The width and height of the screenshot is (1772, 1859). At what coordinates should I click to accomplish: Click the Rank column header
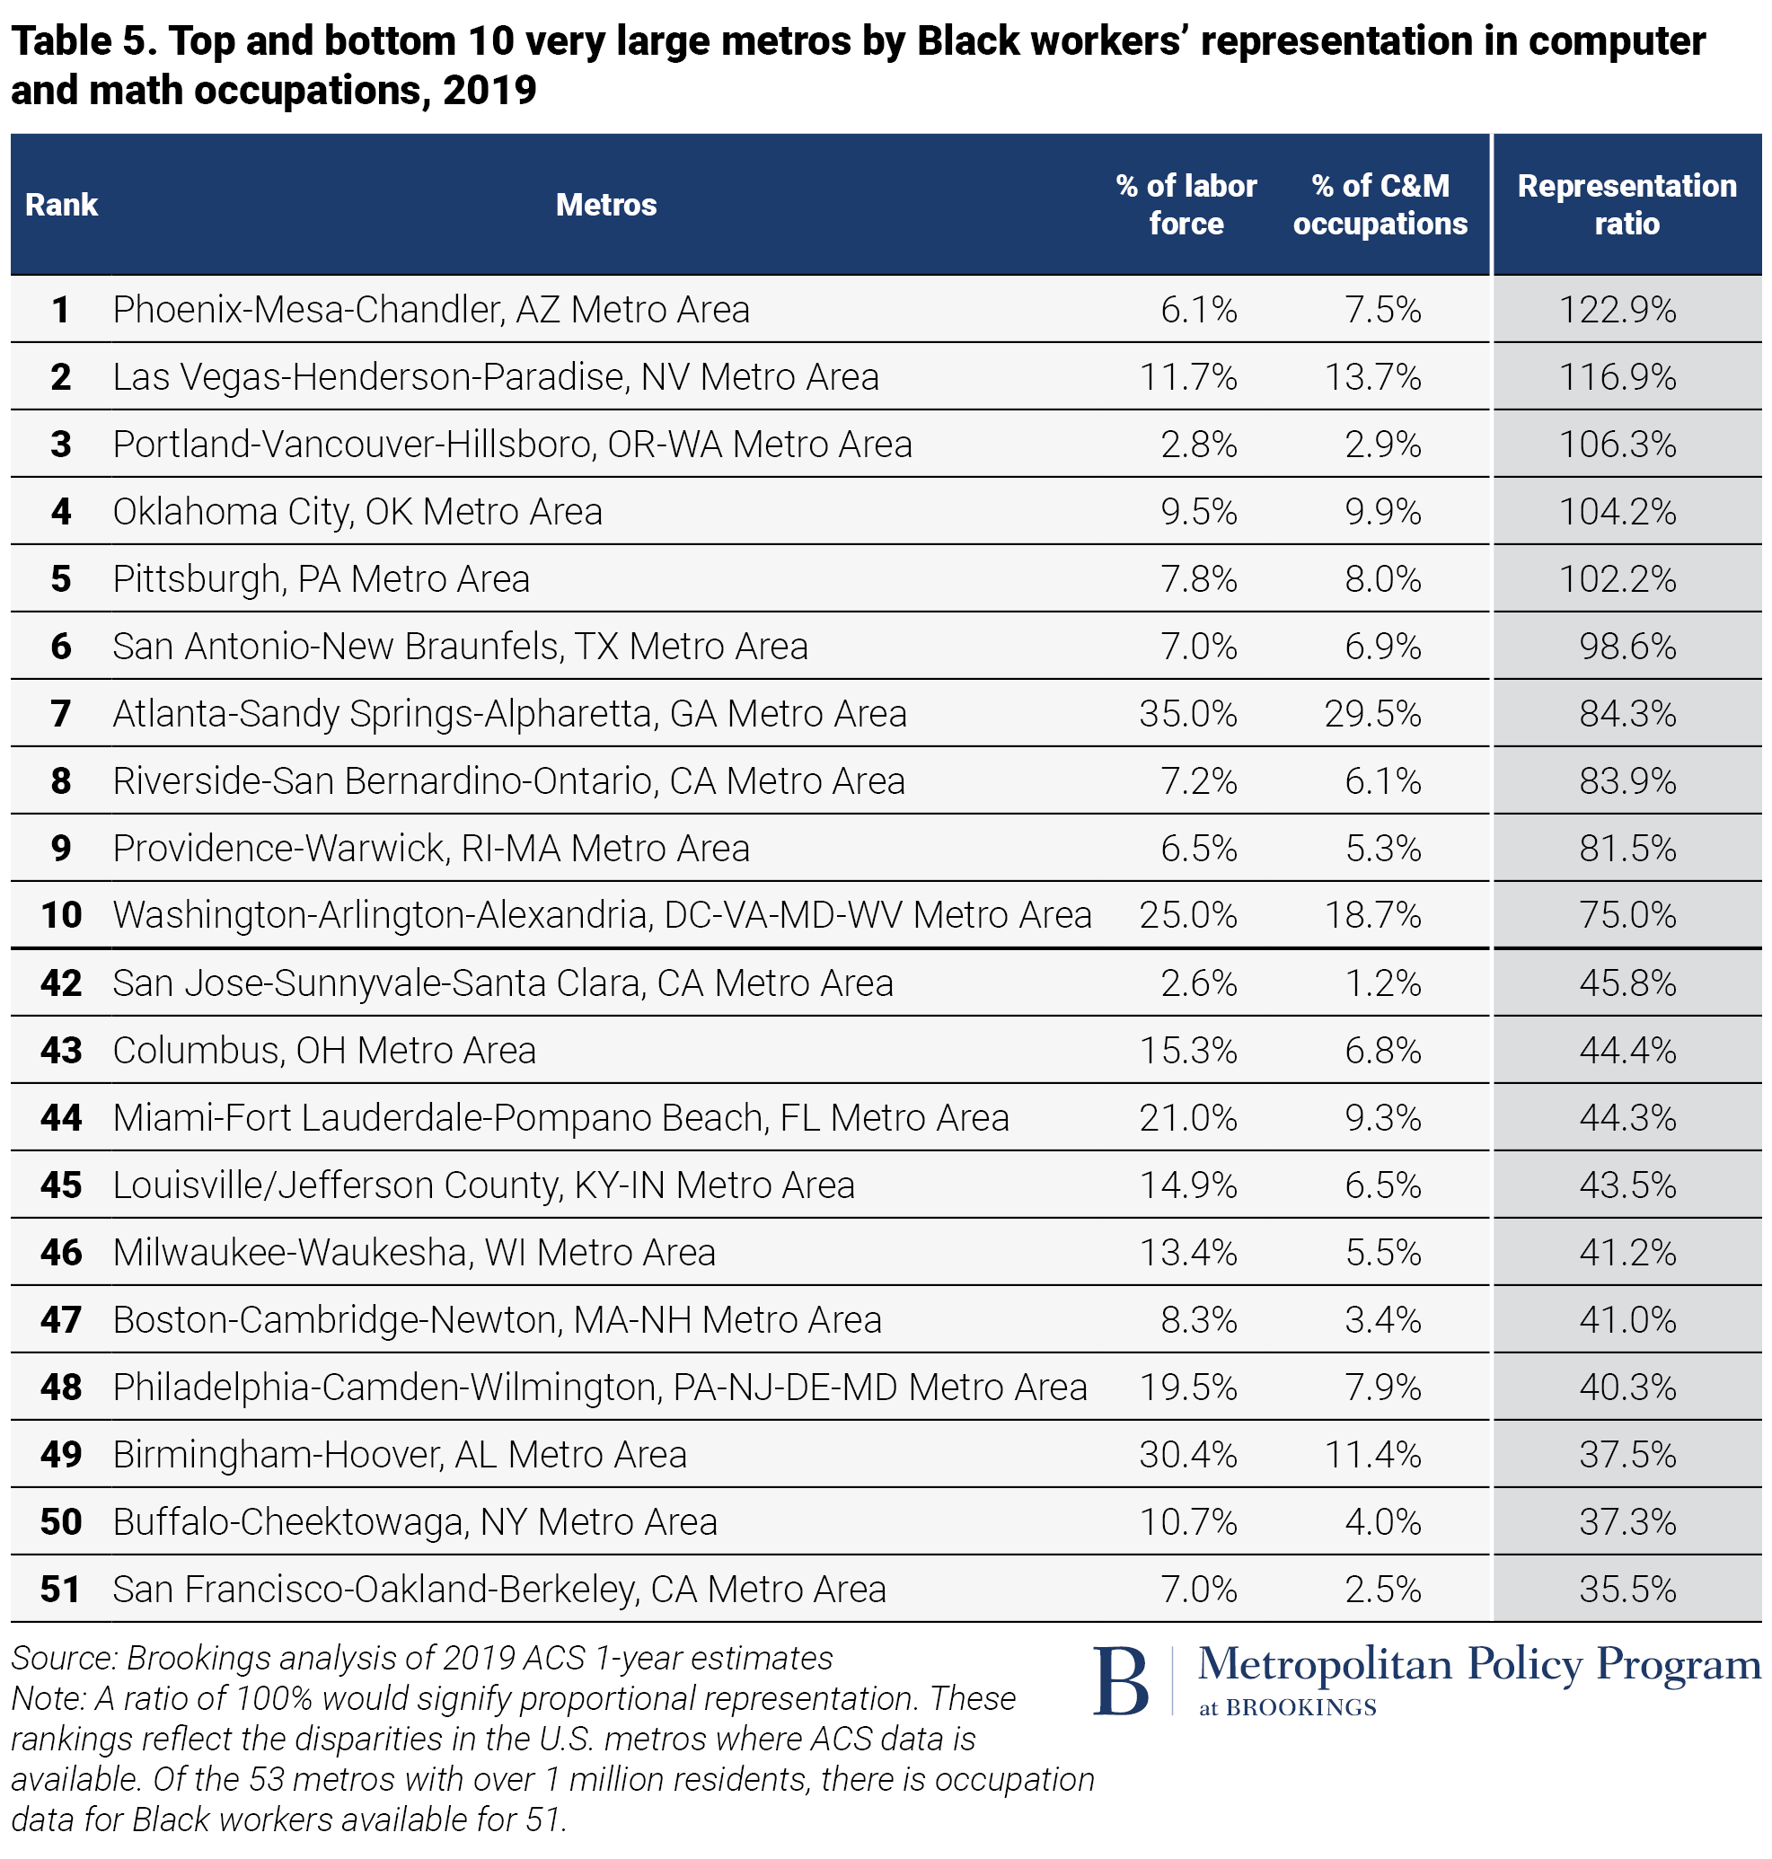(x=61, y=205)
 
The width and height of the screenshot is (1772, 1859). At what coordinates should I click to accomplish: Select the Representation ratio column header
(x=1626, y=205)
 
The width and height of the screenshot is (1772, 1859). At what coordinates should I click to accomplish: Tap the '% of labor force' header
(x=1186, y=205)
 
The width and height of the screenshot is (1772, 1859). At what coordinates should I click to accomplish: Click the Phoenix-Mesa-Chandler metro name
(x=431, y=310)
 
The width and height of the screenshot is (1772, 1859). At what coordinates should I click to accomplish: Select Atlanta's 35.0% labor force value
(x=1187, y=714)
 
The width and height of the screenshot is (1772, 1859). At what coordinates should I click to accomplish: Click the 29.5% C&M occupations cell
(x=1371, y=714)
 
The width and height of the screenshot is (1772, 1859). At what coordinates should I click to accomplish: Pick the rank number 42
(x=61, y=983)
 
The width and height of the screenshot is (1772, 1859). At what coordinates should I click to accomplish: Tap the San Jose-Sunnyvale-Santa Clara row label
(x=503, y=983)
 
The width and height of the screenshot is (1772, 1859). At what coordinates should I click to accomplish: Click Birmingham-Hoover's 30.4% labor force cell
(x=1187, y=1455)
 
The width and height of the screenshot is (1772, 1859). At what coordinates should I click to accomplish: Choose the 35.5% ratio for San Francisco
(x=1627, y=1590)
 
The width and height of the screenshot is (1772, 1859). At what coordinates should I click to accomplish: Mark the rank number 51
(x=61, y=1590)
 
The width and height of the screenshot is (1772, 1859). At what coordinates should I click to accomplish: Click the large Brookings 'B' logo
(x=1120, y=1681)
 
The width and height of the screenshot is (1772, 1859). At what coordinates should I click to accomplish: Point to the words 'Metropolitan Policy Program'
(x=1478, y=1664)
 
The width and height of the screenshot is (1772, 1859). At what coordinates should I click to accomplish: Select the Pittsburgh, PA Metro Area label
(x=322, y=579)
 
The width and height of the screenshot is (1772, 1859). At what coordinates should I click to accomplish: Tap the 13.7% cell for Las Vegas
(x=1371, y=378)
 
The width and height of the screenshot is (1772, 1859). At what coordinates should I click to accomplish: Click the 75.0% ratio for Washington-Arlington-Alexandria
(x=1627, y=915)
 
